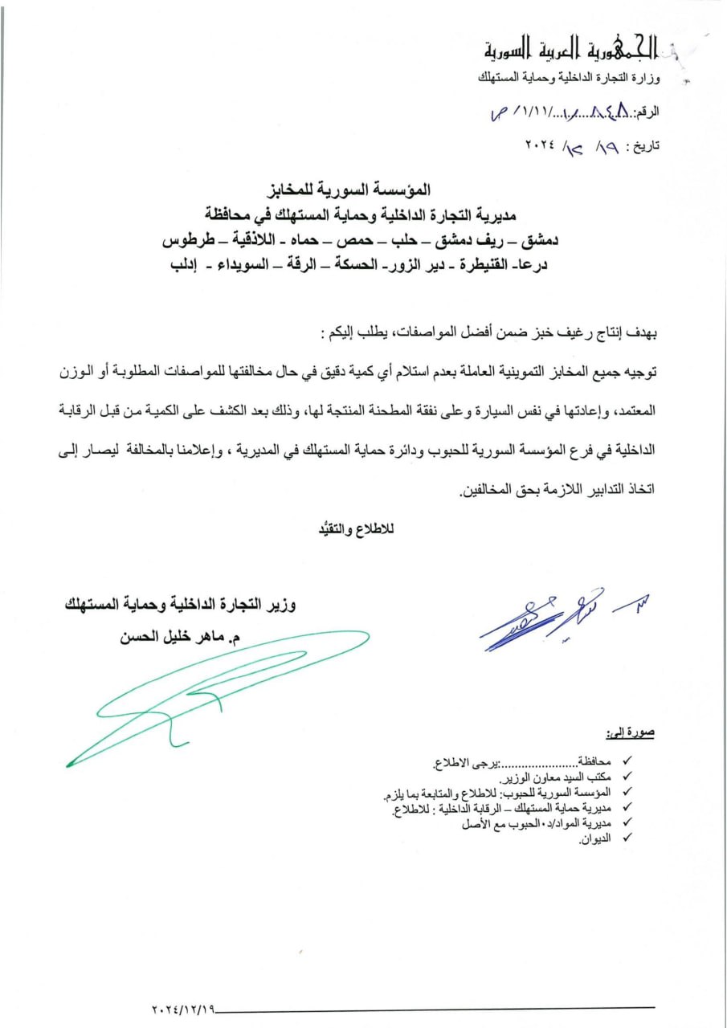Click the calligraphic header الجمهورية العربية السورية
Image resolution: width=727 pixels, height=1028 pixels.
tap(573, 51)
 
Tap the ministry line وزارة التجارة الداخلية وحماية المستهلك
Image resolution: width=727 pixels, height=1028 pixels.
tap(568, 78)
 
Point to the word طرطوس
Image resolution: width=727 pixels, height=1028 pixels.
tap(183, 240)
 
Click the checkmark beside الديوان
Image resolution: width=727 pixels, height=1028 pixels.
tap(628, 838)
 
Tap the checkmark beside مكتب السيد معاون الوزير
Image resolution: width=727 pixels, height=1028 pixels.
tap(628, 777)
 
